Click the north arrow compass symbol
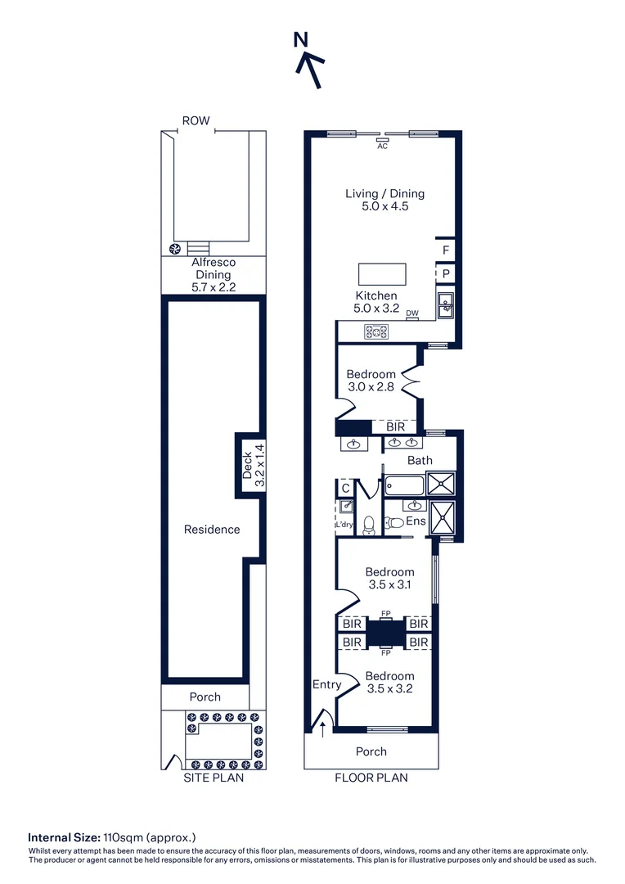click(309, 61)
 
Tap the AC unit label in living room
click(382, 146)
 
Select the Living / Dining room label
click(384, 200)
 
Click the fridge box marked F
click(446, 250)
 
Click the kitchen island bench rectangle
click(382, 273)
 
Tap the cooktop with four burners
click(377, 331)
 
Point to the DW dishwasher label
click(412, 313)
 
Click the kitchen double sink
click(446, 304)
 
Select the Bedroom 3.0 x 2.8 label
click(371, 381)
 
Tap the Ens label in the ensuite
click(416, 521)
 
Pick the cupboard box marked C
click(345, 488)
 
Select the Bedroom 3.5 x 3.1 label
click(389, 578)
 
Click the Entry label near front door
click(326, 684)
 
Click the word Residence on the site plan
click(212, 530)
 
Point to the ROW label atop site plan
click(196, 121)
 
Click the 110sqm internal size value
click(124, 837)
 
